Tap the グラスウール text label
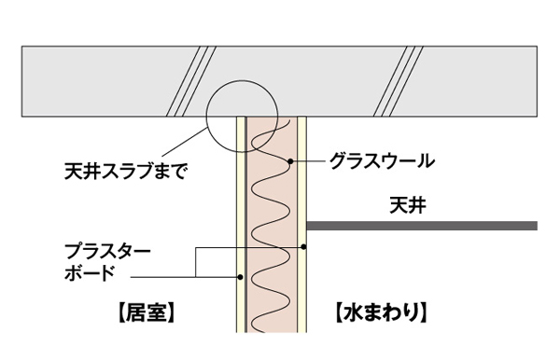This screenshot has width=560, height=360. [x=382, y=160]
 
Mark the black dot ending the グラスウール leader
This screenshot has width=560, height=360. [x=291, y=161]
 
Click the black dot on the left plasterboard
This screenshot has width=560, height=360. [x=241, y=276]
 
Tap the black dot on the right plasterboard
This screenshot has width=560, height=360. [x=304, y=247]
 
